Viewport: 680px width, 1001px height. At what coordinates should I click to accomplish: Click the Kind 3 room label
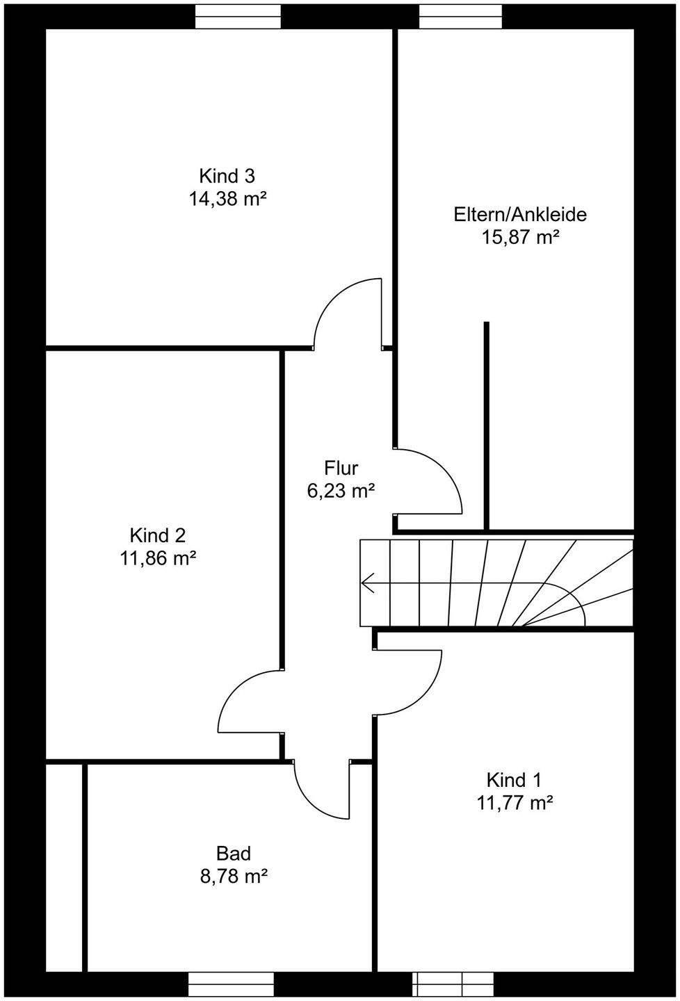(227, 176)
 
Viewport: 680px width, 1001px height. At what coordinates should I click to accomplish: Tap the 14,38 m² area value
(227, 200)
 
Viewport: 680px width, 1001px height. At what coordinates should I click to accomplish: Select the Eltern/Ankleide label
(520, 214)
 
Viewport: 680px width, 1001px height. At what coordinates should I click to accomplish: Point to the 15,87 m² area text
(521, 238)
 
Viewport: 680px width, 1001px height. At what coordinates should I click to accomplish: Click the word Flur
(341, 468)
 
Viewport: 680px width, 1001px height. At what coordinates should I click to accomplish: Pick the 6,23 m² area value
(341, 491)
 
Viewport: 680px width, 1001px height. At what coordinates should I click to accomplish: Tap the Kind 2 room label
(158, 535)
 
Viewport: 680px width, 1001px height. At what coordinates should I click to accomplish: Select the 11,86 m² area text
(158, 559)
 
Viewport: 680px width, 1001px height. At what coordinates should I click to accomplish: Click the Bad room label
(233, 853)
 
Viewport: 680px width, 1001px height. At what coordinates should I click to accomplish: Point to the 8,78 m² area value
(234, 877)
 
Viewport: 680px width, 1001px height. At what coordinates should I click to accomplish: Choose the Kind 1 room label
(514, 779)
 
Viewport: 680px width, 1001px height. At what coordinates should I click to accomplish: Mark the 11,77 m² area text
(515, 803)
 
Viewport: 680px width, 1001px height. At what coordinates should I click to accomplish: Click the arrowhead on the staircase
(367, 583)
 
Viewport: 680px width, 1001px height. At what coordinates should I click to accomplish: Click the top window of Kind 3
(238, 16)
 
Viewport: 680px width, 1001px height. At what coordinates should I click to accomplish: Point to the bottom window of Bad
(232, 984)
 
